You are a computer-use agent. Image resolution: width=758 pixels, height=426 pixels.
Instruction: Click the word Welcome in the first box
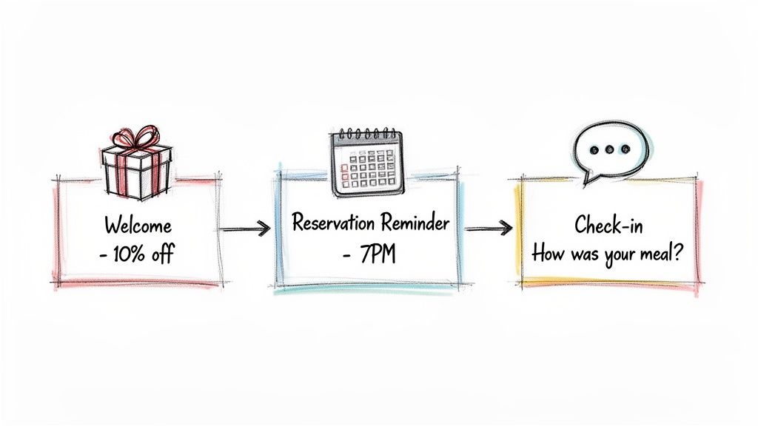click(x=138, y=225)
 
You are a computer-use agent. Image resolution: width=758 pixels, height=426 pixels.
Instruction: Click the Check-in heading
click(x=606, y=224)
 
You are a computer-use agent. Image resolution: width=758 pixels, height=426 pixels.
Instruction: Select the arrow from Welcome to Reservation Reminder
click(x=246, y=230)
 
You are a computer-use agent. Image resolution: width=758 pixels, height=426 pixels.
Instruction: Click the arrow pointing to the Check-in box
click(x=489, y=229)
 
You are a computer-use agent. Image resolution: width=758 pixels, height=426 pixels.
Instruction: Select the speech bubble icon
click(x=609, y=152)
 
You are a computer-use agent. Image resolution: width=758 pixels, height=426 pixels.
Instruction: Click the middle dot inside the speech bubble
click(x=609, y=149)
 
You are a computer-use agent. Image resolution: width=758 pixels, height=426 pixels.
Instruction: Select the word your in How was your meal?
click(x=623, y=253)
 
